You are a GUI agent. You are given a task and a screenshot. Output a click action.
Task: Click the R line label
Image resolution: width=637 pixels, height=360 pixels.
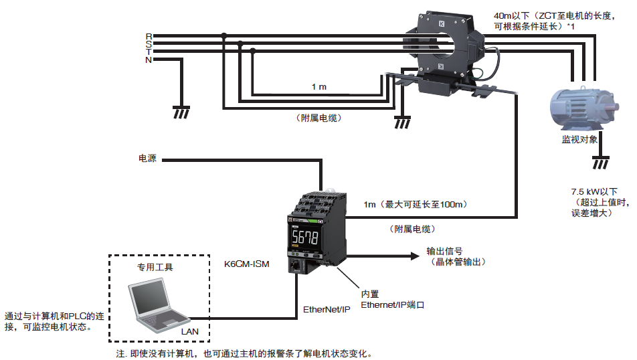pyautogui.click(x=149, y=35)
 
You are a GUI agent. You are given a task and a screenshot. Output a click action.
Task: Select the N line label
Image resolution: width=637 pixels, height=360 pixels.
pyautogui.click(x=149, y=60)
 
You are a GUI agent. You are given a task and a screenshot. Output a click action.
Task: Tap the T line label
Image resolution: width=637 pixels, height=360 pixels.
pyautogui.click(x=149, y=52)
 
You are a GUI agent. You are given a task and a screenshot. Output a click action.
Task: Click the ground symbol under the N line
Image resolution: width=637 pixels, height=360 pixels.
pyautogui.click(x=179, y=111)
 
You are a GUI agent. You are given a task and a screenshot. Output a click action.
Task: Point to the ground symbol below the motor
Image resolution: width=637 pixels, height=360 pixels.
pyautogui.click(x=601, y=163)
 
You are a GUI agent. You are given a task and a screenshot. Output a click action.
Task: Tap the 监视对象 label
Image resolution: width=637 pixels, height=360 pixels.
pyautogui.click(x=580, y=141)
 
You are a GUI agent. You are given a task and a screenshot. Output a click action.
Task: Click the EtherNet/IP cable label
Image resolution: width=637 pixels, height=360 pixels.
pyautogui.click(x=327, y=309)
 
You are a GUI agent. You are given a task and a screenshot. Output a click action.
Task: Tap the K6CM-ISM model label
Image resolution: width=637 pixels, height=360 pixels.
pyautogui.click(x=247, y=264)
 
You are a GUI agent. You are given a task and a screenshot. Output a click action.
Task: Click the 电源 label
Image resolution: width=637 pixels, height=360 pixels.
pyautogui.click(x=147, y=159)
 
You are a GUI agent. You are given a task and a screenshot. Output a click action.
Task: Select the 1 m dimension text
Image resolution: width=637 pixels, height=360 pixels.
pyautogui.click(x=319, y=87)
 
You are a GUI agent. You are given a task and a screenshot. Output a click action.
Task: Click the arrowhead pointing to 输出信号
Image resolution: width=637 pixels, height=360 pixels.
pyautogui.click(x=410, y=255)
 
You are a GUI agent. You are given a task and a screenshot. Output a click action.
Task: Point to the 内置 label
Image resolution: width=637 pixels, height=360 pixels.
pyautogui.click(x=370, y=294)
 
